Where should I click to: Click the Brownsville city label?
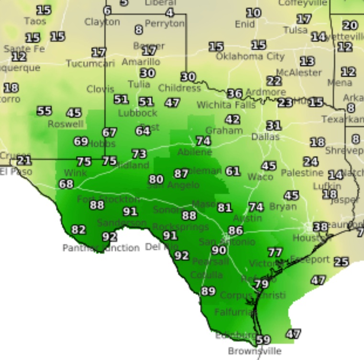coord(254,351)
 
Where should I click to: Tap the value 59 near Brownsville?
coord(263,340)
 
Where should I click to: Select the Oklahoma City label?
coord(250,56)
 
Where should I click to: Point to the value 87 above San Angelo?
coord(181,174)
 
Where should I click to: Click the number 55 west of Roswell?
coord(44,111)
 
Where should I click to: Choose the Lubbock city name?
coord(137,113)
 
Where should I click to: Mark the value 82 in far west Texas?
coord(78,230)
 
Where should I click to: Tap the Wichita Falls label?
coord(220,105)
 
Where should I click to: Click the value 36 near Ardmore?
coord(234,94)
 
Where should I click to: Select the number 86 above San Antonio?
coord(235,230)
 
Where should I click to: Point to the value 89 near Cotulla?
coord(208,291)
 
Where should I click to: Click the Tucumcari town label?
coord(90,64)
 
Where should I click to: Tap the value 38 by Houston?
coord(320,227)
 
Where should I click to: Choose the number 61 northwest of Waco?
coord(232,171)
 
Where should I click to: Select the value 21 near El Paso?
coord(24,161)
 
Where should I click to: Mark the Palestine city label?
coord(302,173)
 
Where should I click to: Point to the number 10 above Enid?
coord(254,13)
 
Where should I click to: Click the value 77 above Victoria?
coord(275,252)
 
